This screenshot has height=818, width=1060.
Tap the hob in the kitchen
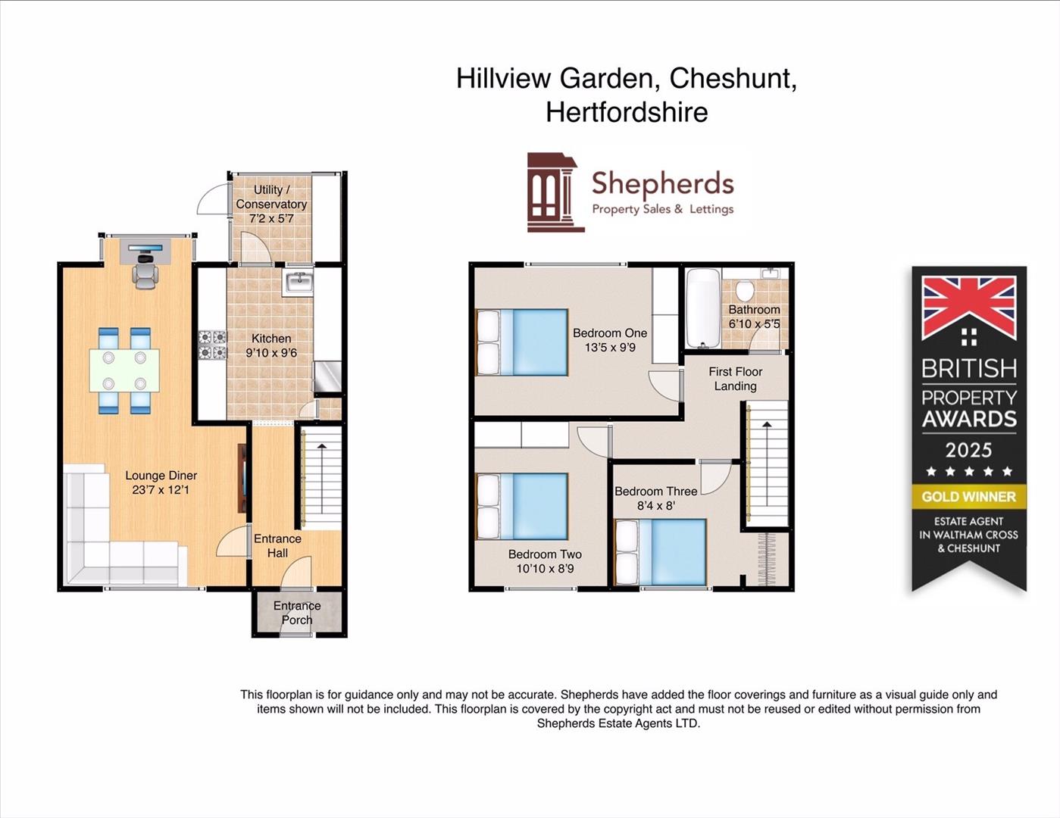point(212,345)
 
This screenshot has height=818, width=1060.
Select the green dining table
point(124,370)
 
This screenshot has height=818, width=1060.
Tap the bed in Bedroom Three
point(660,552)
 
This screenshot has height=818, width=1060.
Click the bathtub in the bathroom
point(702,308)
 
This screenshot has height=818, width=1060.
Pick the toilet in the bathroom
point(744,290)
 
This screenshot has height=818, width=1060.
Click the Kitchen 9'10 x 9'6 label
point(271,345)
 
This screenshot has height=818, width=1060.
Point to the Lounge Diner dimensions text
point(161,490)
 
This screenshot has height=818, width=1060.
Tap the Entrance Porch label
point(297,613)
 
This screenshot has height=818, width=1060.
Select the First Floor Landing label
point(735,379)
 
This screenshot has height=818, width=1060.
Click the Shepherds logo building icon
point(555,192)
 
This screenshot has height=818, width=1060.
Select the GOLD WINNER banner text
point(968,497)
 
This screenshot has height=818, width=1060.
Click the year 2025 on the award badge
point(968,450)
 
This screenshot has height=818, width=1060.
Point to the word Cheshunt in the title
point(733,78)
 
